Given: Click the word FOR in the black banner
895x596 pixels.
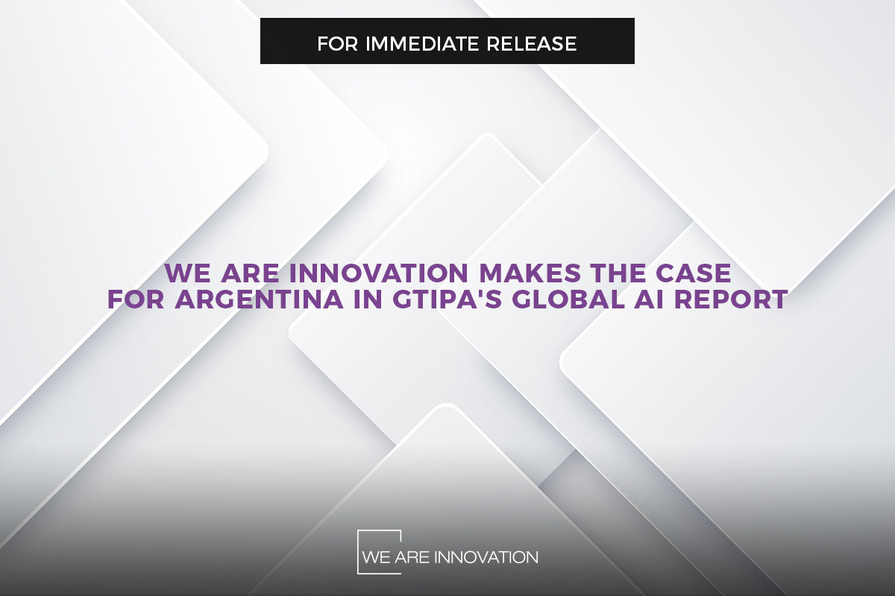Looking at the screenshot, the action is coord(338,43).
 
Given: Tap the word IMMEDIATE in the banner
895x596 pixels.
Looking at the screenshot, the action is coord(422,43).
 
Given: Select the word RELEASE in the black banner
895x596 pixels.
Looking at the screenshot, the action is coord(531,43).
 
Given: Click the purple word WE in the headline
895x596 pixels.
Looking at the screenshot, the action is coord(187,273).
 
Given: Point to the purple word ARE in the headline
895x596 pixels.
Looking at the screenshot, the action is coord(250,273).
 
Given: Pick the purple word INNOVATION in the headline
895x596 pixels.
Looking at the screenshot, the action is coord(378,273).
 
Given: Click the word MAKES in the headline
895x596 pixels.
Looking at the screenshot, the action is coord(530,273).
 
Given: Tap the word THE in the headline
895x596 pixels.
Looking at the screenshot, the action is coord(618,273).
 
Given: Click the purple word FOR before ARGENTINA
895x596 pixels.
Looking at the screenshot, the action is coord(136,299).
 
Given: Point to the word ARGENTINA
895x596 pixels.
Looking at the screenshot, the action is coord(259,299).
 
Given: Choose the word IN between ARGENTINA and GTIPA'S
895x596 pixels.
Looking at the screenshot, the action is coord(367,299).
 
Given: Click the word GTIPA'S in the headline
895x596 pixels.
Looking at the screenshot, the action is coord(446,299).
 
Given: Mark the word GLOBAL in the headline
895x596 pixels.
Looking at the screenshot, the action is coord(568,299).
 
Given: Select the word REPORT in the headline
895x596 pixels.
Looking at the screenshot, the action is coord(731,299).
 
